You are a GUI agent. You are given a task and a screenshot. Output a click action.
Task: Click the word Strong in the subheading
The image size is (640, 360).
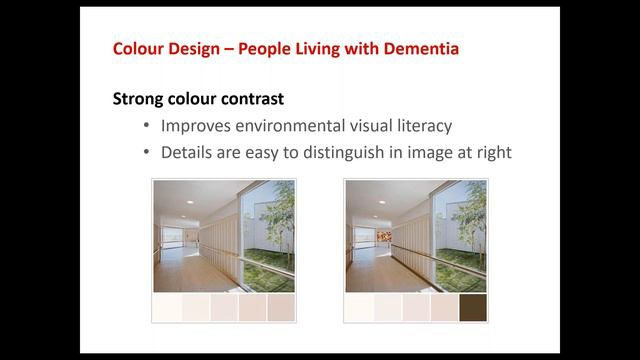click(139, 99)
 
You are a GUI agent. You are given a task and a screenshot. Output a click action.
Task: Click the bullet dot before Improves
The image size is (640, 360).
click(147, 127)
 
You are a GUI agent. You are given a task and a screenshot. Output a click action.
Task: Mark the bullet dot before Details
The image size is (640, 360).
click(147, 153)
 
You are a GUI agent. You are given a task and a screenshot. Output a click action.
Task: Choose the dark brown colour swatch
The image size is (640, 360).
click(472, 307)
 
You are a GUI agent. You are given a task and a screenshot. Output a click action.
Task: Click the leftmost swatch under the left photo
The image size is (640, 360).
click(167, 307)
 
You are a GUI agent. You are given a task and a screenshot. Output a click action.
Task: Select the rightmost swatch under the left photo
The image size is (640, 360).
click(281, 307)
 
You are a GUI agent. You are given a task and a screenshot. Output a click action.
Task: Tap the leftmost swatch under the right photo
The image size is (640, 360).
click(359, 307)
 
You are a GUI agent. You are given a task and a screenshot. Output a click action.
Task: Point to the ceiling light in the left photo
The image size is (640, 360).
click(189, 201)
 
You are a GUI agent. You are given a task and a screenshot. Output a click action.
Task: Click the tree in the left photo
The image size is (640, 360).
click(279, 215)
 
